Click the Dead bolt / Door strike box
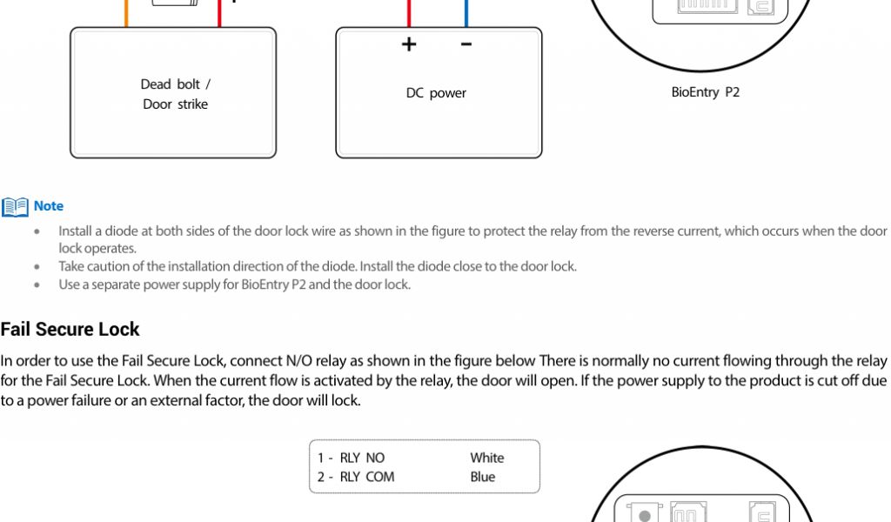173,93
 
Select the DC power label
436,93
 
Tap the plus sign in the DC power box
409,44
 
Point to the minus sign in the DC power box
466,44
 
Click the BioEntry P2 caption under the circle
705,91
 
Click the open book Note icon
15,207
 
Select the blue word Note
49,206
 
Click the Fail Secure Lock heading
70,329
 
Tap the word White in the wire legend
486,458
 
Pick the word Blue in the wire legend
482,477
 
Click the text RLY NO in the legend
362,458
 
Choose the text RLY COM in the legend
366,477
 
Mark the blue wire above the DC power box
466,13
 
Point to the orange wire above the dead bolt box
126,13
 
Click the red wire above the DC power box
408,13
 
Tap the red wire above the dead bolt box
219,13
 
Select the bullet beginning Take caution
317,266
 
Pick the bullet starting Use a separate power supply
234,284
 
